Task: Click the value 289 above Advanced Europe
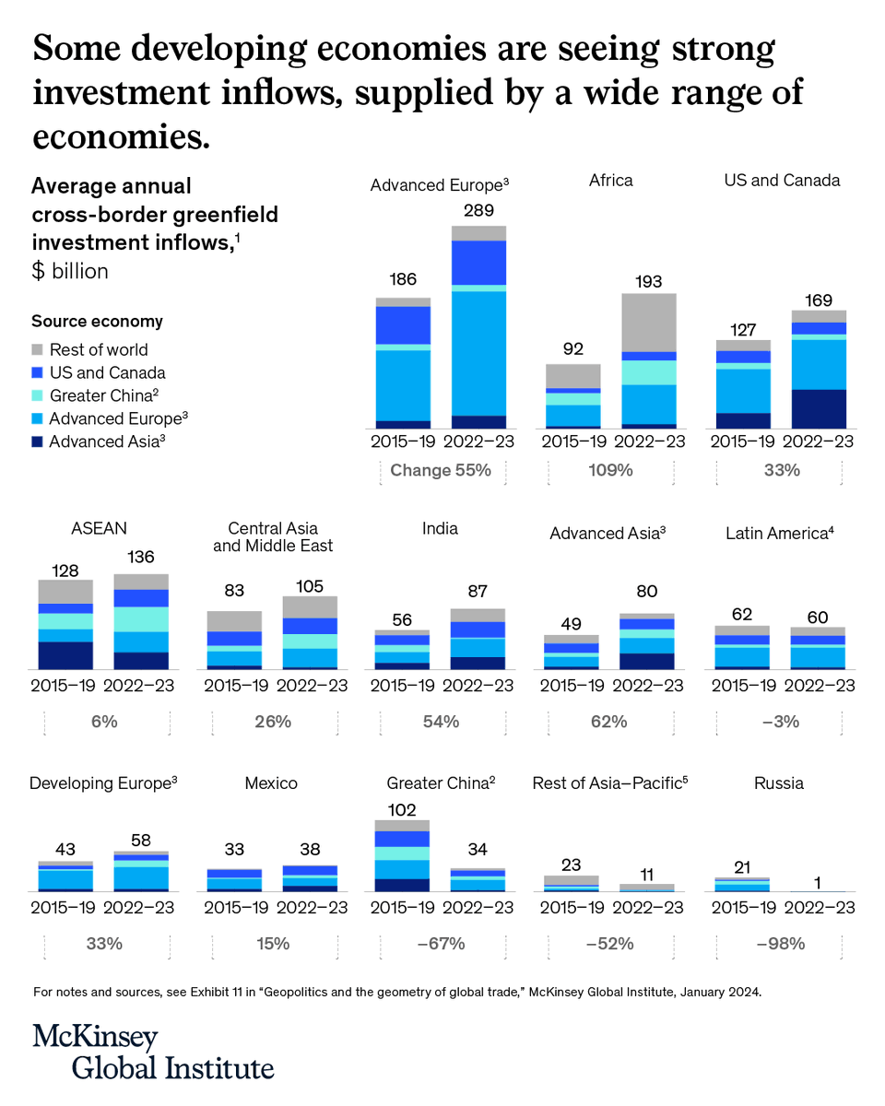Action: tap(478, 210)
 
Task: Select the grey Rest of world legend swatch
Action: tap(38, 350)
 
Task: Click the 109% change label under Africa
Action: tap(610, 470)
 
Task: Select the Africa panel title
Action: tap(610, 181)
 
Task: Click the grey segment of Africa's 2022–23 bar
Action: tap(648, 322)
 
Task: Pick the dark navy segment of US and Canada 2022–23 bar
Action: tap(819, 408)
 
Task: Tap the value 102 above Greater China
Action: tap(401, 809)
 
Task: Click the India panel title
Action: tap(440, 529)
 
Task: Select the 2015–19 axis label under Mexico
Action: tap(233, 907)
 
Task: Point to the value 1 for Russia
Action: tap(817, 883)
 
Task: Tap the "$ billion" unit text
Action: tap(70, 271)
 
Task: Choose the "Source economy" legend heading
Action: tap(97, 322)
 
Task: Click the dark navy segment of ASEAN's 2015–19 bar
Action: tap(65, 655)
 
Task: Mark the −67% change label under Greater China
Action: tap(440, 943)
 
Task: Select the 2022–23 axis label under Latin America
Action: tap(819, 686)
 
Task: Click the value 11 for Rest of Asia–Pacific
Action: tap(648, 874)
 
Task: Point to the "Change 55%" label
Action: tap(440, 470)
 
